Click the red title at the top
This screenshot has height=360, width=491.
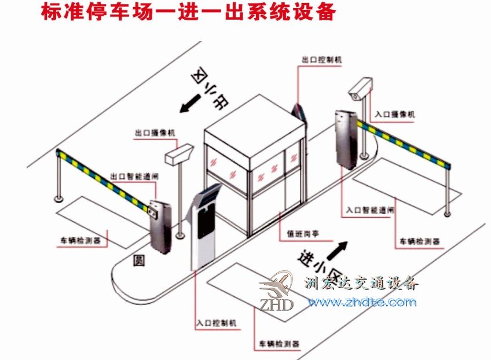(x=188, y=13)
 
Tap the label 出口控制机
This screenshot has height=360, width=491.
(x=322, y=60)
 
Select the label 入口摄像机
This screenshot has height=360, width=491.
(x=395, y=115)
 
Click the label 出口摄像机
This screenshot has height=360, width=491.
(x=155, y=133)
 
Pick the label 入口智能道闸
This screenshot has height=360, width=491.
(x=370, y=211)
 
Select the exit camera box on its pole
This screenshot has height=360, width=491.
(x=178, y=154)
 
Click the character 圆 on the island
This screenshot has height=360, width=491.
(x=139, y=260)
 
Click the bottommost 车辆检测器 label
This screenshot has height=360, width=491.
(x=280, y=344)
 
